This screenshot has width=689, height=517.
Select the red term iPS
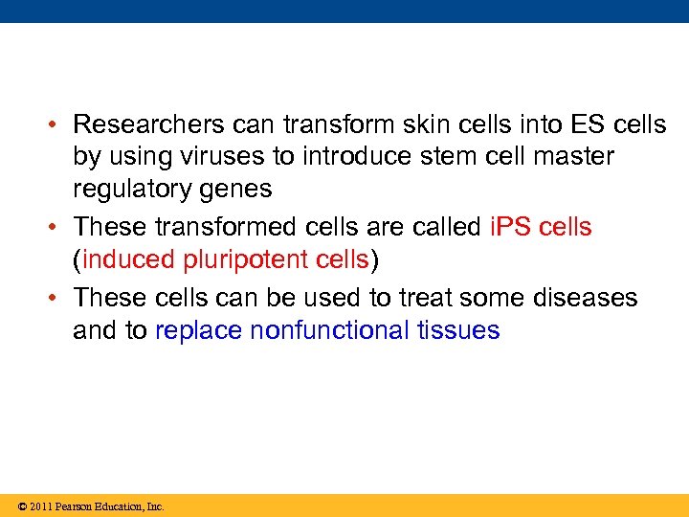(x=509, y=227)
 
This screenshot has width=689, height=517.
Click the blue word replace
(x=198, y=331)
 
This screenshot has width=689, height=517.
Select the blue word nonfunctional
(x=330, y=330)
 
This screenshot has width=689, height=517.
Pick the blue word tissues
(x=458, y=330)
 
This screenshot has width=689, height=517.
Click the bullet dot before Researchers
(x=58, y=125)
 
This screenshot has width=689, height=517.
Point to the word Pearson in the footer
(x=77, y=506)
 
